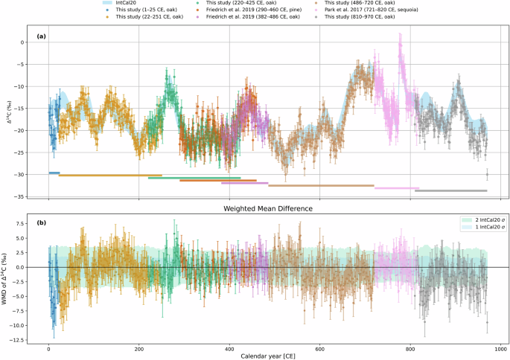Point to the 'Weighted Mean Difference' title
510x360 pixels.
265,208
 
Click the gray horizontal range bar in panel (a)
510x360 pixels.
450,191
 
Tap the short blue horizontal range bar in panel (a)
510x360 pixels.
54,173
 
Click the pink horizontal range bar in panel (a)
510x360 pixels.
396,188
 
